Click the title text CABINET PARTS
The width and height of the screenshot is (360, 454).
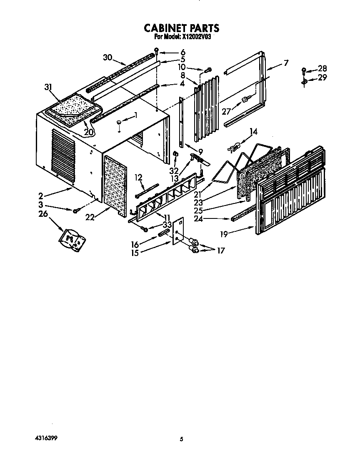181,28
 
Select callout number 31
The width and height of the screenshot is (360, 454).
48,87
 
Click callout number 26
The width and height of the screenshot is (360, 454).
43,214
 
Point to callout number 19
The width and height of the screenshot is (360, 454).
224,234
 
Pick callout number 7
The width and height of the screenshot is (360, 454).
286,63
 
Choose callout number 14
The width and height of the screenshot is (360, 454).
253,132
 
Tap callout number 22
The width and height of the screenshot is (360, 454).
90,217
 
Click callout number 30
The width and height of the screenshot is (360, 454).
107,58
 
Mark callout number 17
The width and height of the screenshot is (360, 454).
221,251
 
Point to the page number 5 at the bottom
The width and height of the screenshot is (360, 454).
181,439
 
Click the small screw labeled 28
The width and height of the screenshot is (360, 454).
304,71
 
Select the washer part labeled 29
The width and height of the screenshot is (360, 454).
304,83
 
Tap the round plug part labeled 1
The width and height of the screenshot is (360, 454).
119,124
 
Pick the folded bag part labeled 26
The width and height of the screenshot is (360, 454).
72,240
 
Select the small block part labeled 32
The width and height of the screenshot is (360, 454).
175,154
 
